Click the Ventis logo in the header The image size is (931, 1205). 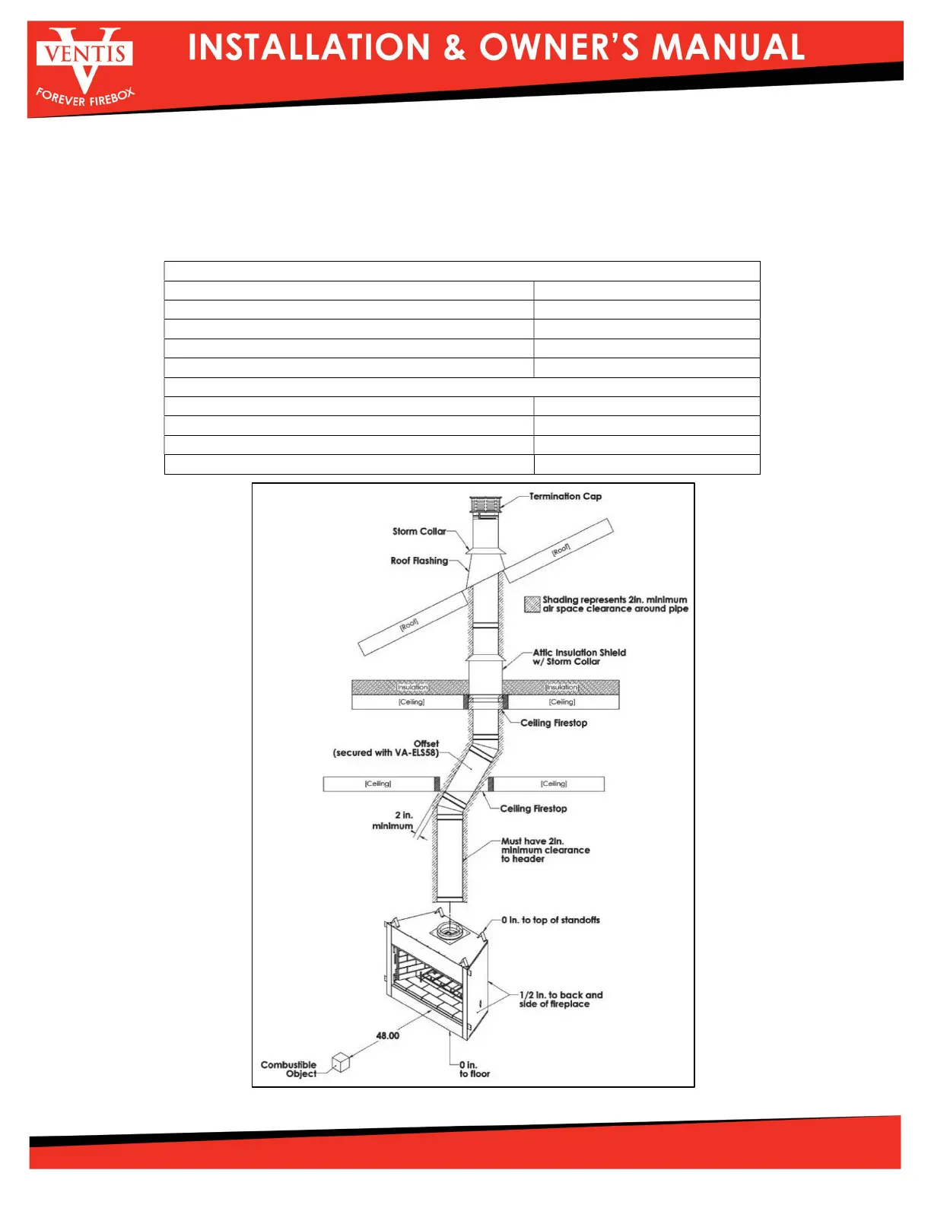click(84, 65)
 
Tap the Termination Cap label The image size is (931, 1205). click(565, 497)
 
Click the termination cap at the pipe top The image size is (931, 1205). click(485, 504)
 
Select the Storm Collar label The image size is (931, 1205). click(419, 532)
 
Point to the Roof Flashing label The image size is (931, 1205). click(419, 561)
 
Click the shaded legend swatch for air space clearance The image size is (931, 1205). click(532, 605)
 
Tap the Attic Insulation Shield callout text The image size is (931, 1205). click(579, 657)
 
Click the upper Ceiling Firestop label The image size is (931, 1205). click(554, 723)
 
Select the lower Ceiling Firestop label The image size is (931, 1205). click(533, 809)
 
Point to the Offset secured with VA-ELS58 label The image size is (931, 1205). click(386, 749)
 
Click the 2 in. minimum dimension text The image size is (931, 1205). click(393, 821)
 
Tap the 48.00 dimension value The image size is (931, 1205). click(387, 1035)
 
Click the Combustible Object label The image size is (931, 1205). click(289, 1070)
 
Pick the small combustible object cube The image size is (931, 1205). click(341, 1062)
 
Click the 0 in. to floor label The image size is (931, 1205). click(475, 1070)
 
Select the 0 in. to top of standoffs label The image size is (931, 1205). click(550, 920)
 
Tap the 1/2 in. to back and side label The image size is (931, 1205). click(561, 1000)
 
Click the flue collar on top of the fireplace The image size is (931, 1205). click(449, 930)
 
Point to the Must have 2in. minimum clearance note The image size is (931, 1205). click(545, 850)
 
